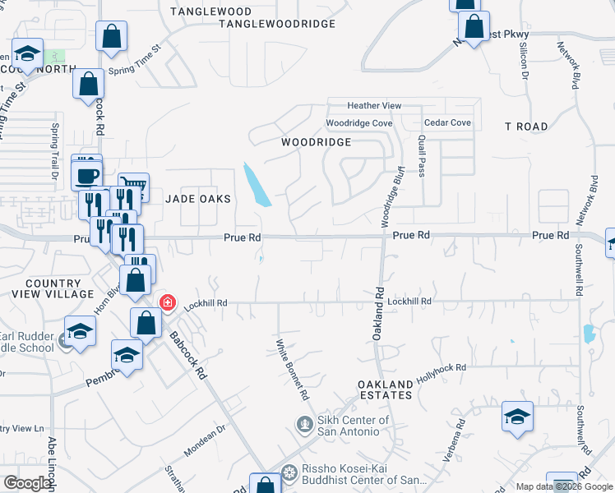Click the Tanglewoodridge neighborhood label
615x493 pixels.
277,24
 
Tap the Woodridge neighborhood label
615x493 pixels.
317,142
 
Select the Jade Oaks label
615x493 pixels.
198,199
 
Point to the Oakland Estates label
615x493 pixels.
385,389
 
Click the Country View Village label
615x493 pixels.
53,288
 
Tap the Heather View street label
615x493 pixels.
374,106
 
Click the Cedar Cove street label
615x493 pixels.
448,123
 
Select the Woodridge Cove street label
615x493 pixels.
358,123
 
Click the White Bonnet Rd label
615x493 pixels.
292,370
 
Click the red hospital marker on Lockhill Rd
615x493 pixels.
168,302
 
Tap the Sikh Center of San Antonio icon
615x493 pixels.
303,425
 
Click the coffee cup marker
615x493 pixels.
87,174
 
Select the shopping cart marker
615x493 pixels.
133,186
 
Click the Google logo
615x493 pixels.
27,484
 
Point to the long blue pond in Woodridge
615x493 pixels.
257,185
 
